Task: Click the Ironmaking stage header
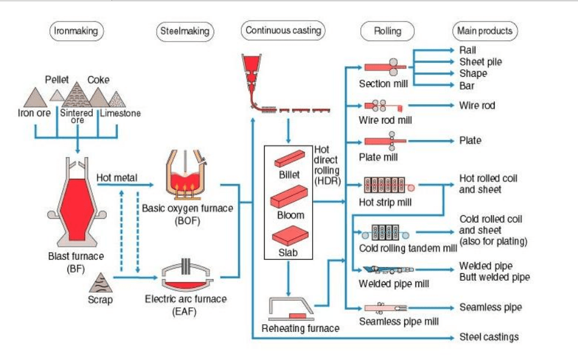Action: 75,30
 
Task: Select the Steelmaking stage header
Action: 184,31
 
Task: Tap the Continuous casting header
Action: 284,30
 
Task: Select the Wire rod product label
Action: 477,106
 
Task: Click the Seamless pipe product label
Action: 491,307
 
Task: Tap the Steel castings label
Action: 489,337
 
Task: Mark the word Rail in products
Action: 468,50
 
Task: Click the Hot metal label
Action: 117,176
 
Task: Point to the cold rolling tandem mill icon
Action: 385,232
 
